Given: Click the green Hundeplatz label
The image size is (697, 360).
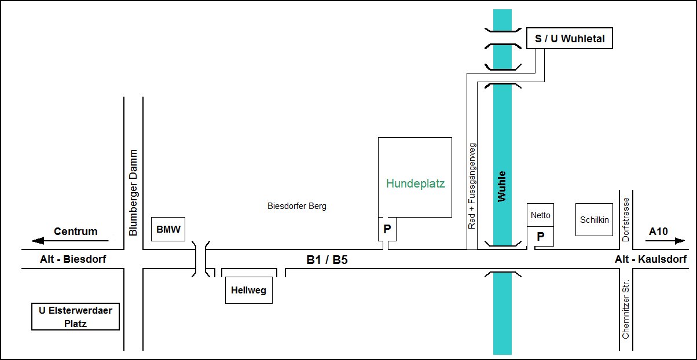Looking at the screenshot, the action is tap(416, 183).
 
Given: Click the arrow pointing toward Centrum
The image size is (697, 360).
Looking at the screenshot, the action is tap(70, 241).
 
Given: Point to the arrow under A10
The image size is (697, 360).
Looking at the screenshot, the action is tap(665, 241).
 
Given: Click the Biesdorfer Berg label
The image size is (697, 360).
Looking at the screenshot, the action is tap(297, 206).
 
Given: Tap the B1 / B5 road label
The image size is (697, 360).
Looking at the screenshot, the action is tap(327, 259).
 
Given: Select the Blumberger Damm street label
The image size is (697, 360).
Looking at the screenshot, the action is tap(133, 192).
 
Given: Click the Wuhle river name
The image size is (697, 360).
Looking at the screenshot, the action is tap(501, 186).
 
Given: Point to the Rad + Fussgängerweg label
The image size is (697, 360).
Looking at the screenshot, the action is tap(472, 186).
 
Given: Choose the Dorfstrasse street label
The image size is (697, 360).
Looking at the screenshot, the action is tap(625, 219).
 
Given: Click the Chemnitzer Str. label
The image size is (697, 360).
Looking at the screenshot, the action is tap(625, 309).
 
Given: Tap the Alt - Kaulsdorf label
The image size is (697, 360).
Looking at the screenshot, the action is tap(651, 259).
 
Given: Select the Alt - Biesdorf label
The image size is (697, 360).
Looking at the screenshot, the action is tap(73, 259).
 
